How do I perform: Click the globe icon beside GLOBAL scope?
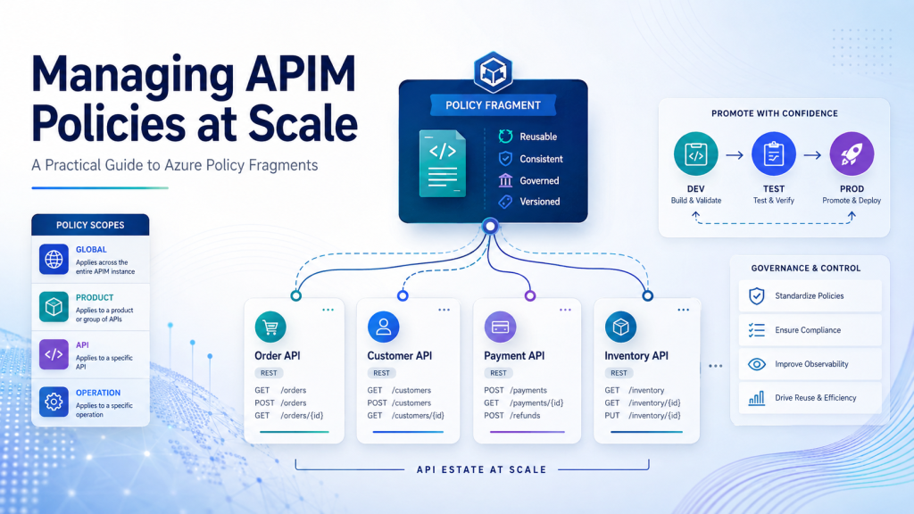(54, 260)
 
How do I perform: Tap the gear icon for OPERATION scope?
(54, 402)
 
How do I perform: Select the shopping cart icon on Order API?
(270, 327)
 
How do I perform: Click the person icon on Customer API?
(383, 327)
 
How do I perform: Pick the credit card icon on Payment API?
(500, 327)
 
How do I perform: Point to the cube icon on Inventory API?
(620, 327)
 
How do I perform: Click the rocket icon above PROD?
(852, 153)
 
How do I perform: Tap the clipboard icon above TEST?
(774, 153)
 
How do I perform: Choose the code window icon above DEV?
(696, 153)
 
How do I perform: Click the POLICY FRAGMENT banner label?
(493, 105)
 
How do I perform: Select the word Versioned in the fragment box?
(540, 202)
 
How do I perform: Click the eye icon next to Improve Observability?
(757, 364)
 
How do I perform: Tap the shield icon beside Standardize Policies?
(757, 296)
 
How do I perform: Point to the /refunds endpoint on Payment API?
(525, 416)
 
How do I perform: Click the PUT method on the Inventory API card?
(612, 416)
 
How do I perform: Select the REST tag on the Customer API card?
(381, 373)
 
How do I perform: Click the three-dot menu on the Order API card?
(328, 310)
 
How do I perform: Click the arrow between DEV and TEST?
(735, 155)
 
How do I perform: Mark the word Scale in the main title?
(303, 123)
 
